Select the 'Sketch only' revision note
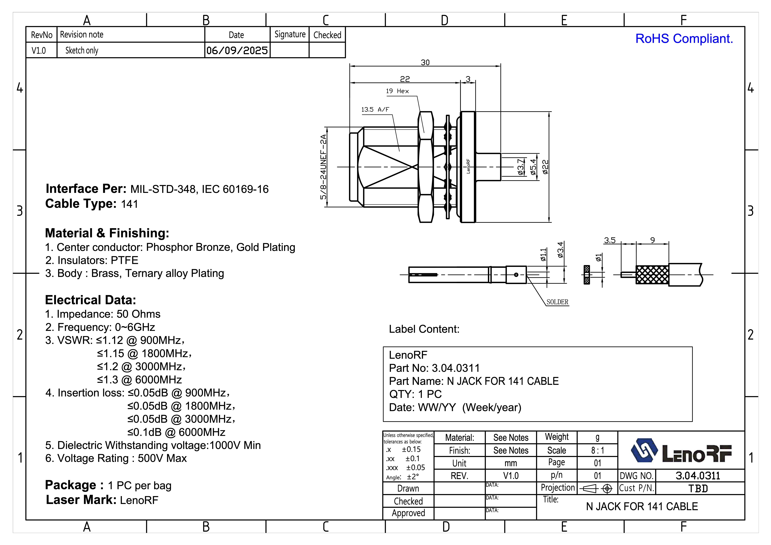[x=82, y=50]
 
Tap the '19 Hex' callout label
[x=397, y=91]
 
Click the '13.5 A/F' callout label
[x=375, y=110]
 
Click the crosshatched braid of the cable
[x=652, y=275]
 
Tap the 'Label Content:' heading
[x=424, y=329]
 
